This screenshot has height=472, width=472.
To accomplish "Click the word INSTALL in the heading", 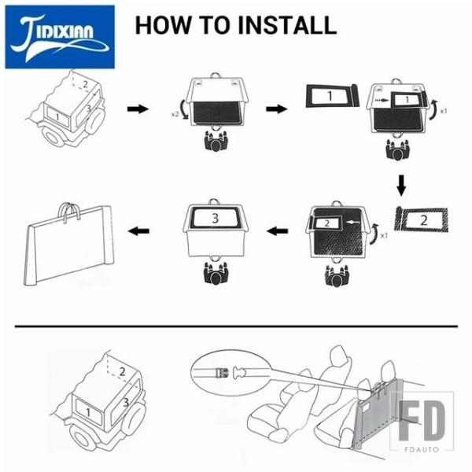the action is click(287, 25).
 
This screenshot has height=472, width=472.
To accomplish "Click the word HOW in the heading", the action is click(163, 25).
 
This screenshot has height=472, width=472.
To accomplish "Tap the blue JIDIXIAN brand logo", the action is click(60, 37).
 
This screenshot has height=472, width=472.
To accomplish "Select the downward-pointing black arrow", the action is click(401, 185).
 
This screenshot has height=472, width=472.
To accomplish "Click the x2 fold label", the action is click(175, 114).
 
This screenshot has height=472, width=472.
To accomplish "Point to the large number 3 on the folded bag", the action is click(215, 218).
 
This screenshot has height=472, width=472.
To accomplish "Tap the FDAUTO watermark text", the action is click(422, 449).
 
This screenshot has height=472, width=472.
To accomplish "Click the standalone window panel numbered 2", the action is click(422, 220).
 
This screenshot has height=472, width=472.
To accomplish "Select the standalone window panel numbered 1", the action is click(332, 96).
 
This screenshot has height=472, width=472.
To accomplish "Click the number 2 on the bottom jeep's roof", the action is click(122, 372).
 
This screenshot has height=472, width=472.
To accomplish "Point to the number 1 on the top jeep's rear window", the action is click(57, 116).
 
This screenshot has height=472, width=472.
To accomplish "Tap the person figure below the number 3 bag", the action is click(215, 273).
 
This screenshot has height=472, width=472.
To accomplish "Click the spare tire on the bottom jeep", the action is click(135, 418).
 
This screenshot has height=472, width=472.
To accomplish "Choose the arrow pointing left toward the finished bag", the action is click(138, 231).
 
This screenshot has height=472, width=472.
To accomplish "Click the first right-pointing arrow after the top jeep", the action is click(138, 109).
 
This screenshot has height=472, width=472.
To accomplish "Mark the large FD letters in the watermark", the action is click(422, 422).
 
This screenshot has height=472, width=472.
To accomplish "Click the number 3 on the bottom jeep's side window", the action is click(126, 402).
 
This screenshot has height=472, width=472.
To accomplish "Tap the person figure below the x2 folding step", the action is click(215, 141).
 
